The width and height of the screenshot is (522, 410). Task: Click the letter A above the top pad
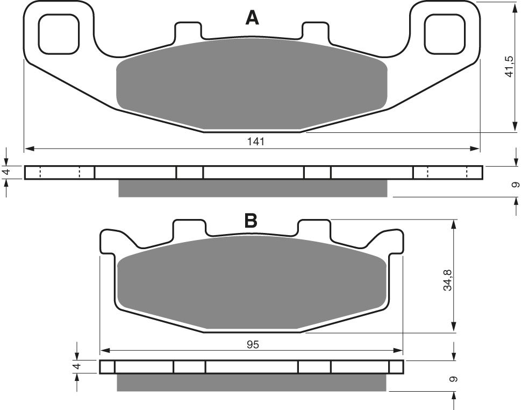click(252, 18)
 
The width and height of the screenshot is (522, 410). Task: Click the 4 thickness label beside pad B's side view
click(77, 367)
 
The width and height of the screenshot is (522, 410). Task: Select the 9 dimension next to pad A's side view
click(515, 184)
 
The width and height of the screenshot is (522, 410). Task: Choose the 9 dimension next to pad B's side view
click(455, 379)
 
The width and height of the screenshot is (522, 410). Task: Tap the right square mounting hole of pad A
click(445, 33)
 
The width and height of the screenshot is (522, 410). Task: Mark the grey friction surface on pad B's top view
click(252, 284)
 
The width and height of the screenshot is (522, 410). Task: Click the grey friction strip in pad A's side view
click(252, 188)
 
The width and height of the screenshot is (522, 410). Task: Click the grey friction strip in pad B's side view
click(252, 383)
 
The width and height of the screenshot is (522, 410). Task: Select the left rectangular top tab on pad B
click(189, 229)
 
